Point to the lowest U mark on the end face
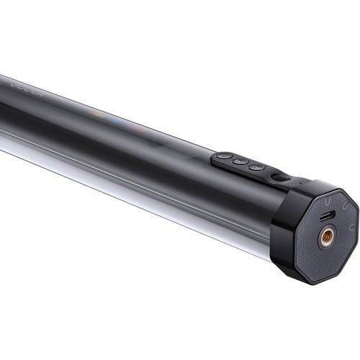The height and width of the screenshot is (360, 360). pyautogui.click(x=351, y=225)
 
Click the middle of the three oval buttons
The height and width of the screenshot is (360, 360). pyautogui.click(x=240, y=161)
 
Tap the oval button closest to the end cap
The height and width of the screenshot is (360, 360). pyautogui.click(x=256, y=167)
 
